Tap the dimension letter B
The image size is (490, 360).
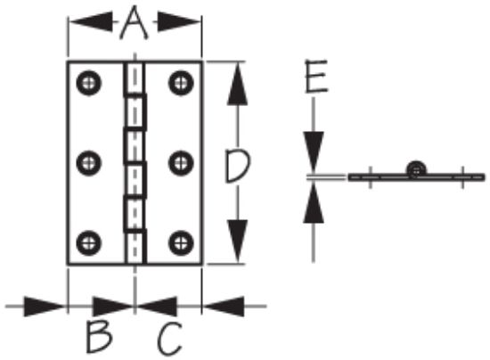tap(99, 338)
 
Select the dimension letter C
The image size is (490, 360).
tap(169, 339)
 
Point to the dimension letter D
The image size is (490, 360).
tap(238, 166)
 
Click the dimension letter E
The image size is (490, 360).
tap(316, 76)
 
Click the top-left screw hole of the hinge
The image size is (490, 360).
tap(89, 83)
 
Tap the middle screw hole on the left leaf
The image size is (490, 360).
tap(89, 163)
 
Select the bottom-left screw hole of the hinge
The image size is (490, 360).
tap(89, 242)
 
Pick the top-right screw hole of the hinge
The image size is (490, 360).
tap(181, 83)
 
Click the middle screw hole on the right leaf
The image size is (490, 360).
tap(181, 163)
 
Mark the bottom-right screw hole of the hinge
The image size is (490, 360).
tap(181, 242)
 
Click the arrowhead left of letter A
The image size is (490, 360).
tap(91, 22)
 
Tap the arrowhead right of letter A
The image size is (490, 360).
tap(179, 22)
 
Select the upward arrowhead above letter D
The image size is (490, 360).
tap(238, 84)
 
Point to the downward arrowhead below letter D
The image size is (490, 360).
tap(238, 241)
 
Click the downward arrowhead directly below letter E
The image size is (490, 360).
tap(314, 152)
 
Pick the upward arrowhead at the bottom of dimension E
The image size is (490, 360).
tap(314, 202)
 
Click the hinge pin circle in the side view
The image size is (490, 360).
tap(416, 170)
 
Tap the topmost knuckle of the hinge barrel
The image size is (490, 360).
tap(135, 78)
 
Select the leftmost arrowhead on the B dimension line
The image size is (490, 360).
tap(45, 307)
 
